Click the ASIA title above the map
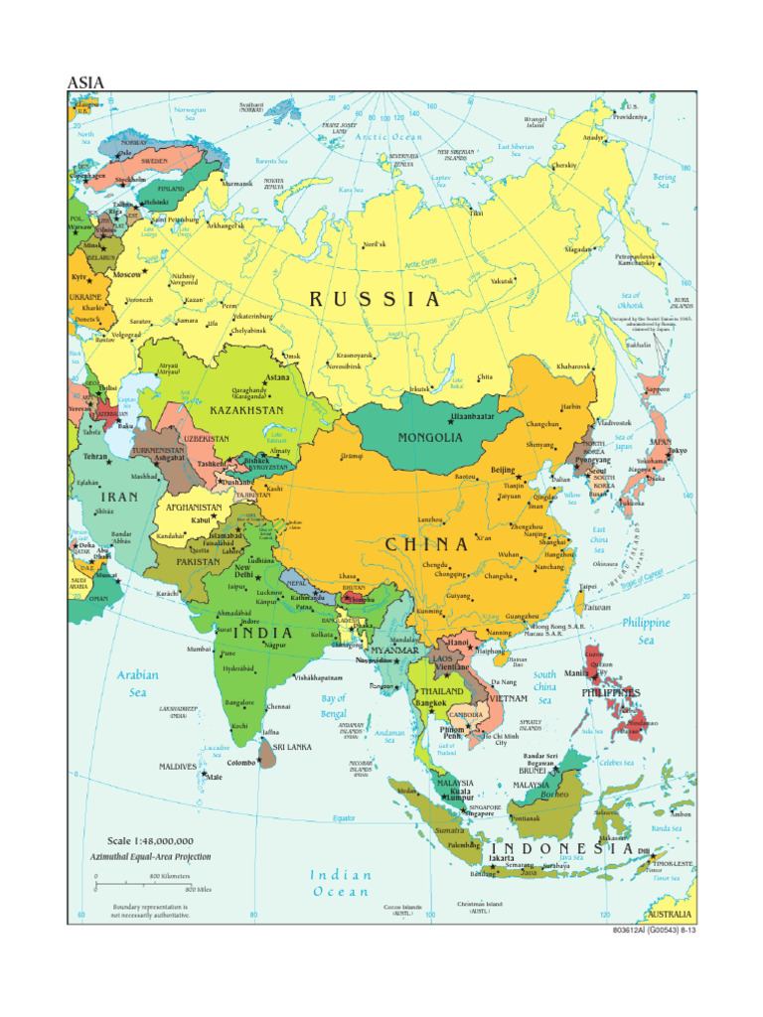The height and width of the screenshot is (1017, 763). [85, 82]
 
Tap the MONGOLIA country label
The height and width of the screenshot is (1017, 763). [430, 437]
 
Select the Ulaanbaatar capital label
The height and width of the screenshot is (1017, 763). [472, 417]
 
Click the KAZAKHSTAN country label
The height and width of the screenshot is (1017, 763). [246, 409]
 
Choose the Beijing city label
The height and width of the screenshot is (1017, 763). [504, 470]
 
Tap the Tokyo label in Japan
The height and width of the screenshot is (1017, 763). [677, 451]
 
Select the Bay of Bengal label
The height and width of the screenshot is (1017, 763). [334, 706]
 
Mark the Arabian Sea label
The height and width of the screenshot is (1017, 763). [138, 683]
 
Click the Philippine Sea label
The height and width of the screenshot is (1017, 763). [646, 632]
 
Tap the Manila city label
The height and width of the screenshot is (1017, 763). [575, 673]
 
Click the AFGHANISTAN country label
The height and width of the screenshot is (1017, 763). [194, 507]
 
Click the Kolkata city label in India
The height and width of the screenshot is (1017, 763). [322, 634]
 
